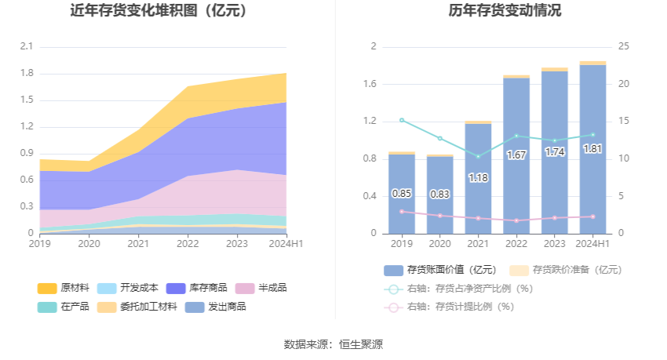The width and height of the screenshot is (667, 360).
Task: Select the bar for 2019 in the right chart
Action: click(x=402, y=194)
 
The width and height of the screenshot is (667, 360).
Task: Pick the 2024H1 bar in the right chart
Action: click(x=592, y=149)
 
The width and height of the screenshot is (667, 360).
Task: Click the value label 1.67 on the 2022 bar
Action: click(x=516, y=155)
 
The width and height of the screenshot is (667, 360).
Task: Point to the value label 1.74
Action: click(x=555, y=152)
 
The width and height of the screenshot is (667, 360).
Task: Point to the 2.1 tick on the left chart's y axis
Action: click(x=26, y=47)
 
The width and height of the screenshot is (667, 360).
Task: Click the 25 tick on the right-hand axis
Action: click(x=624, y=47)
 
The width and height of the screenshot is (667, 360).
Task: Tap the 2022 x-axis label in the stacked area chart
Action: click(x=187, y=244)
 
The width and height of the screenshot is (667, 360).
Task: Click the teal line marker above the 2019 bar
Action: click(x=402, y=120)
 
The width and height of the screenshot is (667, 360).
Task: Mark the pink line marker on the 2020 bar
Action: click(x=440, y=216)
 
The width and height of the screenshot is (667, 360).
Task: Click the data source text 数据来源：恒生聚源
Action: click(x=333, y=344)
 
